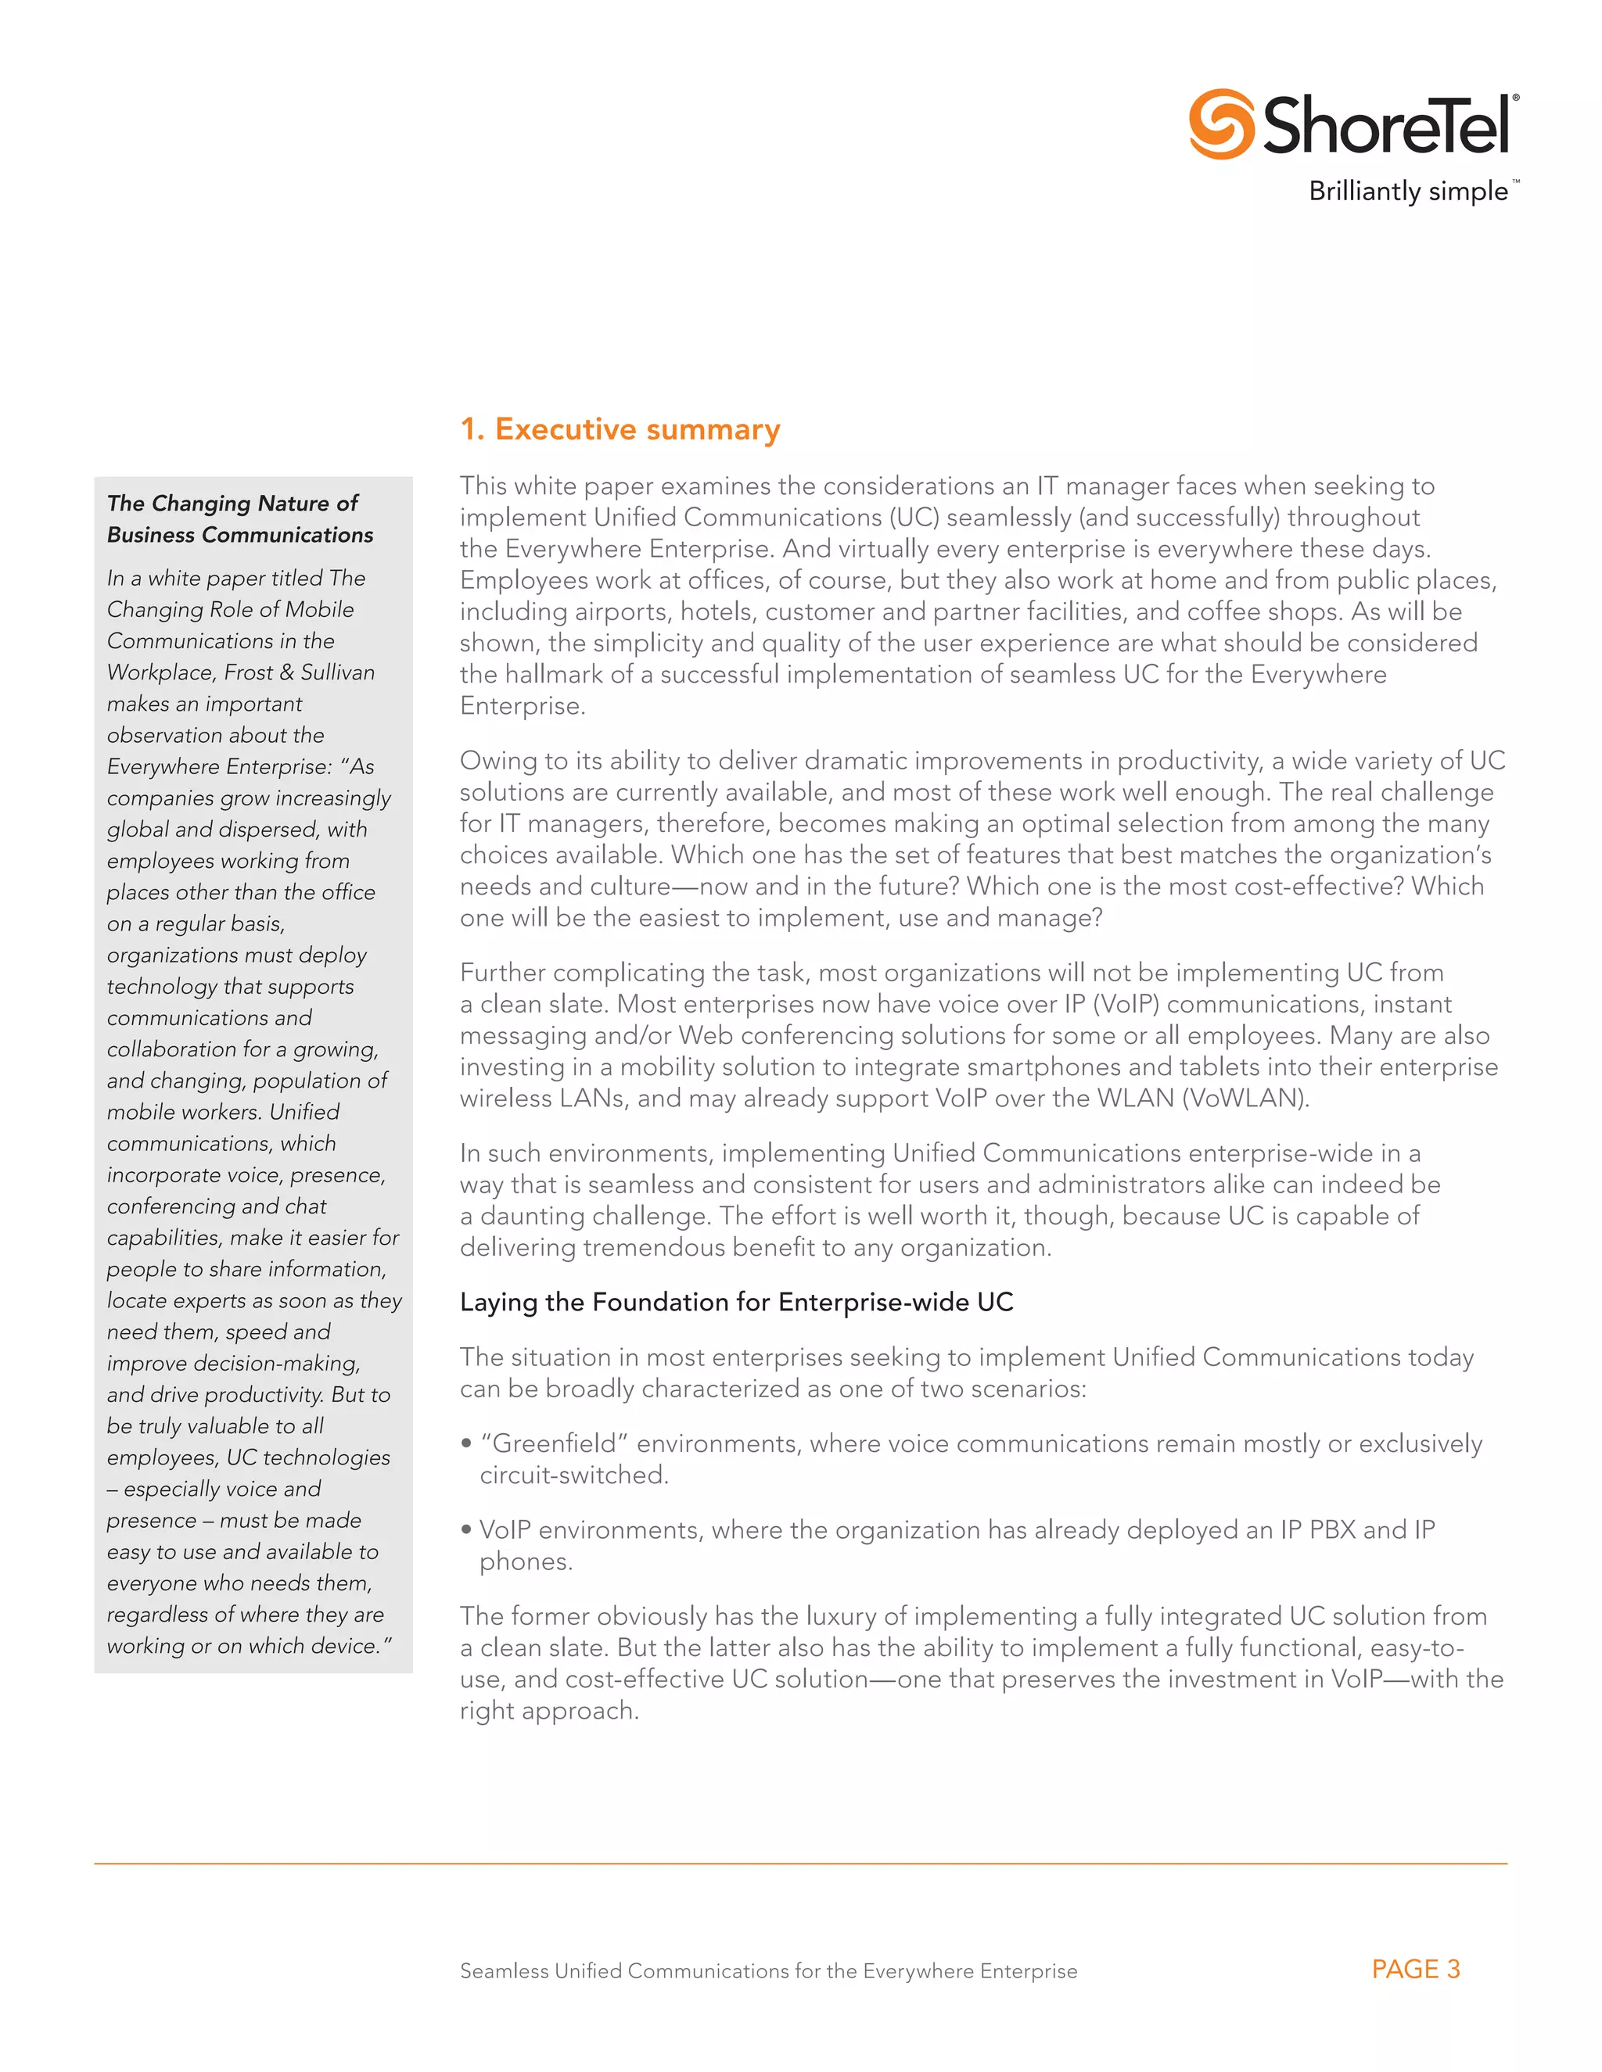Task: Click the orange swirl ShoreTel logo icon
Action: click(x=1221, y=124)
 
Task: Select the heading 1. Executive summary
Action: click(x=620, y=430)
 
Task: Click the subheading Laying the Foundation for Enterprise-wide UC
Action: click(x=736, y=1302)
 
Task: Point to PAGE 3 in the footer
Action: click(x=1415, y=1969)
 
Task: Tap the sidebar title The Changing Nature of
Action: click(x=232, y=503)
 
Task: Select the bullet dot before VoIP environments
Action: click(x=466, y=1529)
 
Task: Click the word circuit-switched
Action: click(x=573, y=1475)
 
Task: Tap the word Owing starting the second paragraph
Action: click(x=495, y=761)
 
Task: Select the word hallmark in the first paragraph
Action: click(x=551, y=675)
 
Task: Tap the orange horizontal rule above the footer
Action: click(x=800, y=1863)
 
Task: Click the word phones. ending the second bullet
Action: click(x=526, y=1561)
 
